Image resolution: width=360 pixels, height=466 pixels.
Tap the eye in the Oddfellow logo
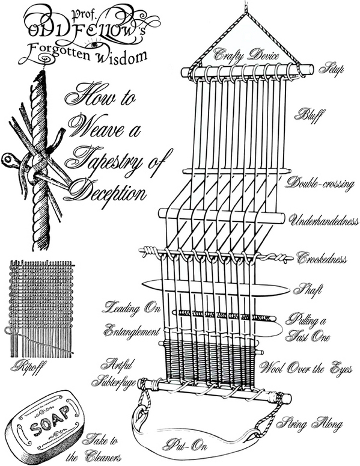pos(94,45)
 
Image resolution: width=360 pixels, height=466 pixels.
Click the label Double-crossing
pos(320,183)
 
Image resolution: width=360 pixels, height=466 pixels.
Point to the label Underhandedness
pos(324,221)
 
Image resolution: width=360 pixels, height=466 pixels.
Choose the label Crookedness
pos(322,258)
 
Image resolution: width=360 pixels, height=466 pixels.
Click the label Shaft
pos(308,289)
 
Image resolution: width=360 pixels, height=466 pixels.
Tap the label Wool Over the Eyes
pos(306,369)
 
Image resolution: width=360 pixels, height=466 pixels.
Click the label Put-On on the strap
pos(185,445)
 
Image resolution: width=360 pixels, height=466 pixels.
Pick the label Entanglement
pos(132,330)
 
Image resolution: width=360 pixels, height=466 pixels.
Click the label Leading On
pos(131,308)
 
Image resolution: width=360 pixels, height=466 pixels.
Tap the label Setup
pos(332,69)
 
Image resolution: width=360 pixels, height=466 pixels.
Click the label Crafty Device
pos(246,54)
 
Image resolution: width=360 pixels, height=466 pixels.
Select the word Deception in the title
pos(107,192)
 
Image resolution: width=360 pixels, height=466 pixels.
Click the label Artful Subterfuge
pos(114,373)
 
